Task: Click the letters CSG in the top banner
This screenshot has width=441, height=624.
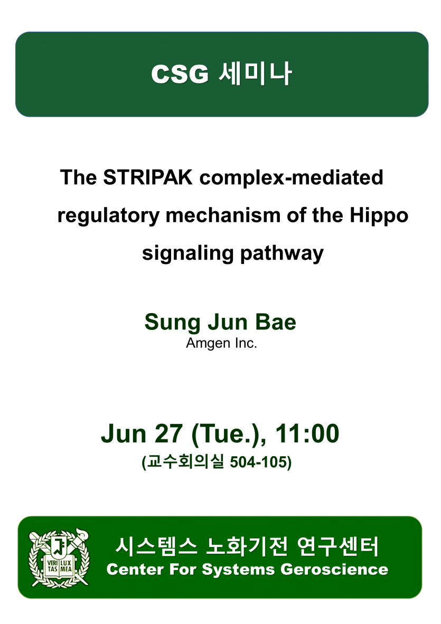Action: [180, 74]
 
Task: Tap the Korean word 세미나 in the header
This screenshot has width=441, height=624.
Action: [256, 73]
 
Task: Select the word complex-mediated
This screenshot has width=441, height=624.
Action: [292, 178]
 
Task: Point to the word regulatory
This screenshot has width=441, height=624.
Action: [108, 216]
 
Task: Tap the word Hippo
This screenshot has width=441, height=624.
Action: [379, 216]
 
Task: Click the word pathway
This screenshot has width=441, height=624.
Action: [282, 253]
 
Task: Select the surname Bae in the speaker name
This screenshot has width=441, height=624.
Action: [275, 322]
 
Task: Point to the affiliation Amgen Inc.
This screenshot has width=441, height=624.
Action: [221, 343]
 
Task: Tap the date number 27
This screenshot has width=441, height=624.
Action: [168, 433]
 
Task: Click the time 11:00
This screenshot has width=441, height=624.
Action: [307, 433]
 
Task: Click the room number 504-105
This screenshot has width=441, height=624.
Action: [258, 462]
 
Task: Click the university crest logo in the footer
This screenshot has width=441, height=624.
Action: [59, 558]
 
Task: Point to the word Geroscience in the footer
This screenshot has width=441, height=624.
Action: [334, 570]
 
